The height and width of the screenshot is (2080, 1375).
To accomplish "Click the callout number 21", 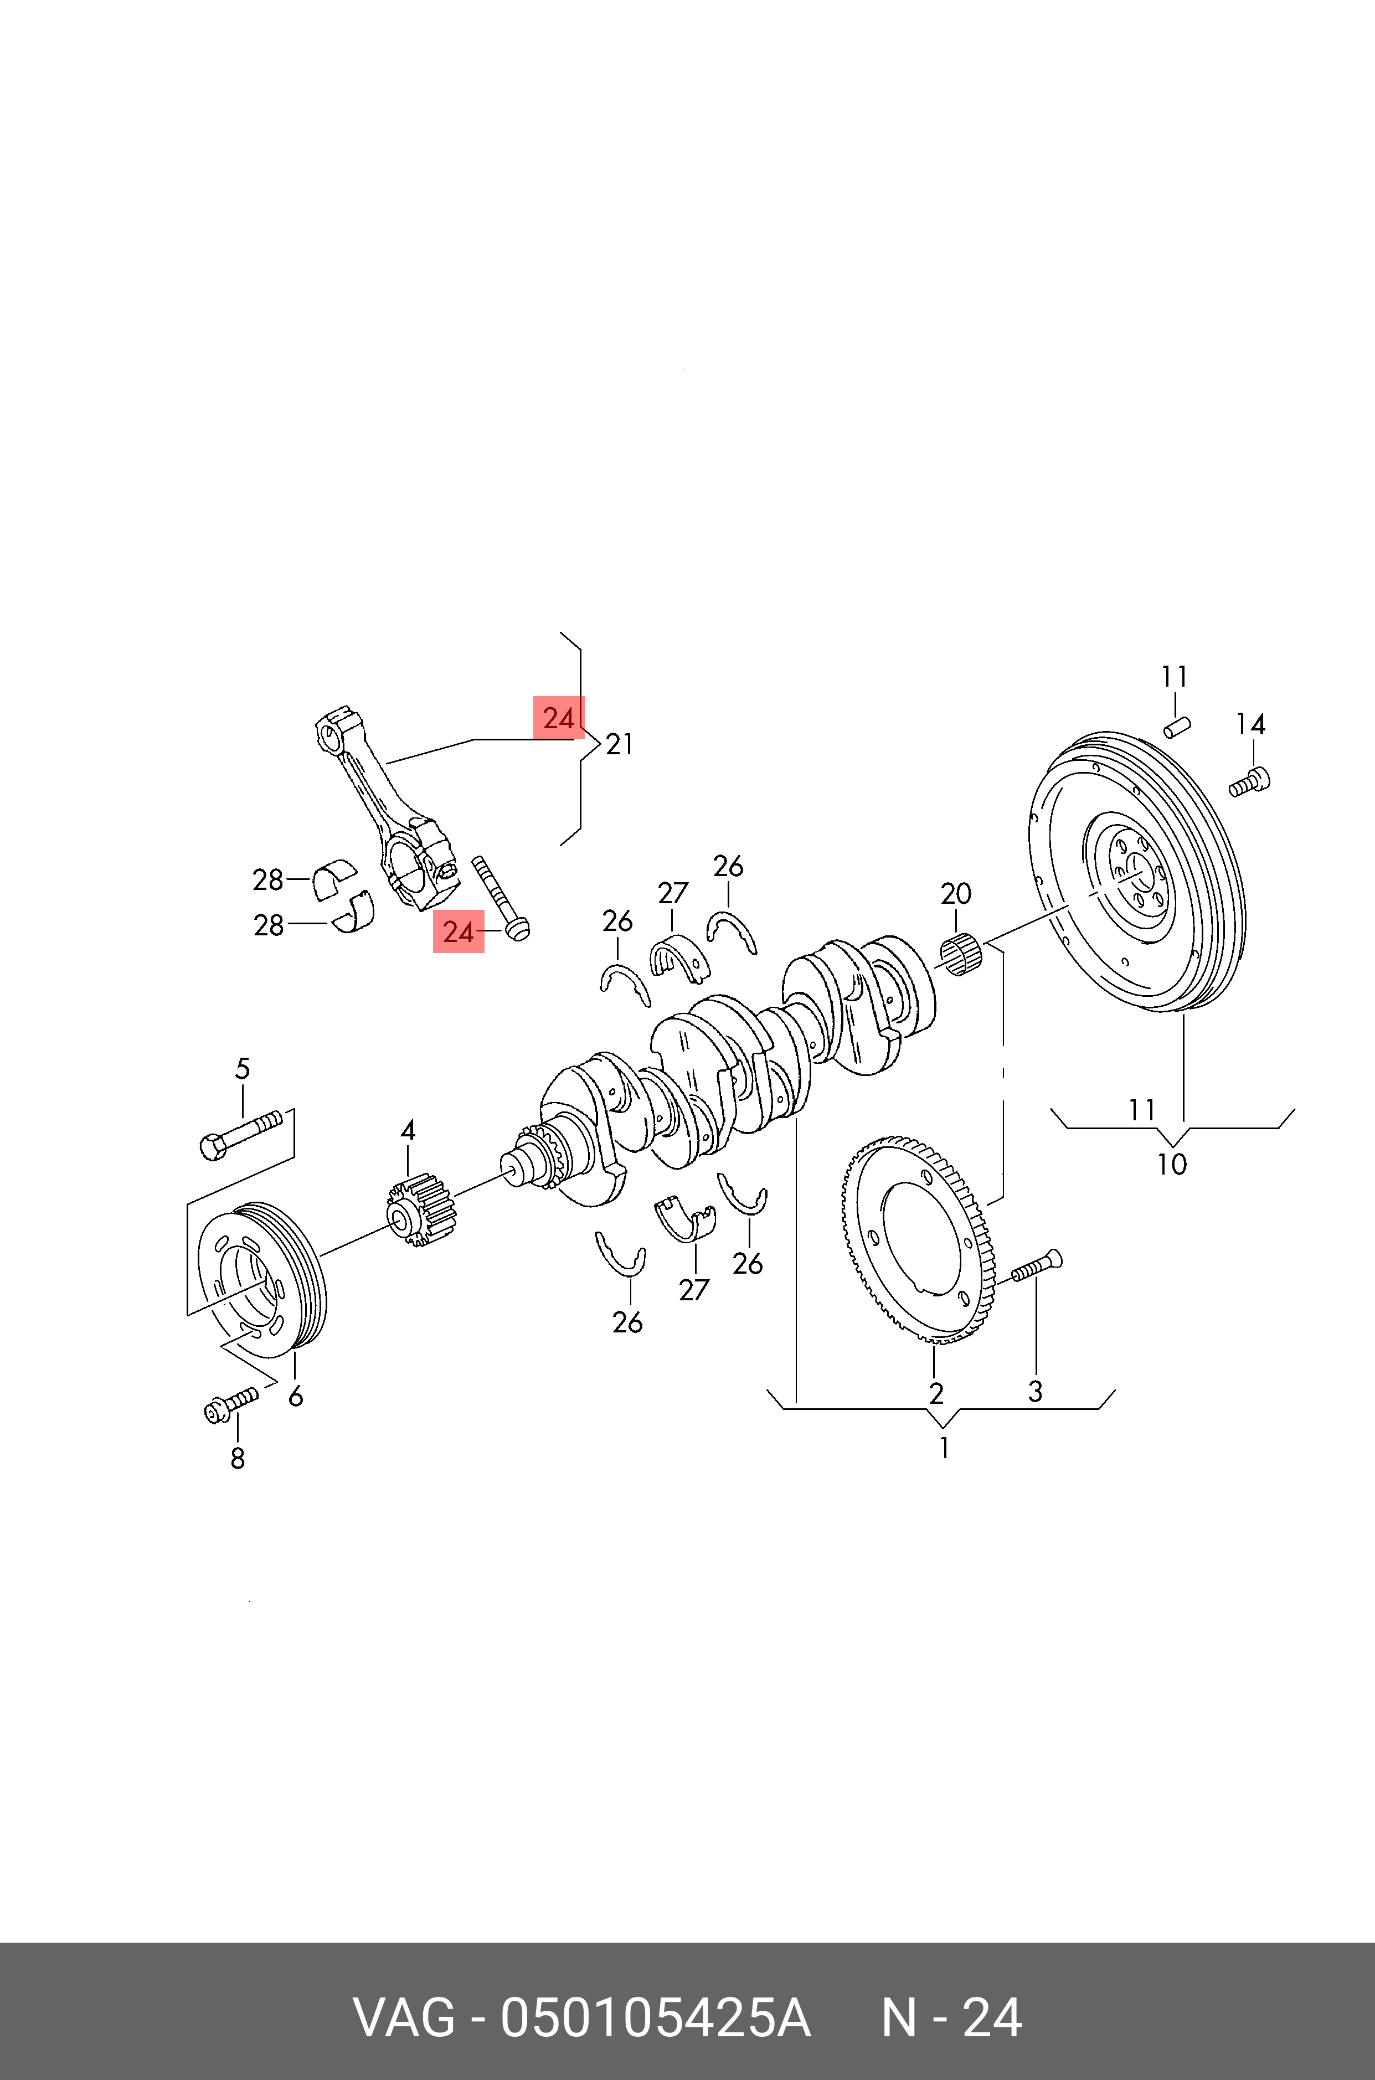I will coord(619,744).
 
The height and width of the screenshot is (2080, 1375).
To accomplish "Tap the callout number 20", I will coord(956,894).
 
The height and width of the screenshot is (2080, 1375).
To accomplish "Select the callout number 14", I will coord(1250,724).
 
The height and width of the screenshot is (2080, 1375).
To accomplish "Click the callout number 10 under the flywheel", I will coord(1172,1165).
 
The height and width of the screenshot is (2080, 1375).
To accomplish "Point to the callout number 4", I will coord(408,1131).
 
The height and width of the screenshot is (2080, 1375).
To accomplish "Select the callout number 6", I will coord(296,1396).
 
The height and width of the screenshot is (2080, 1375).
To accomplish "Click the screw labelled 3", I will coord(1037,1267).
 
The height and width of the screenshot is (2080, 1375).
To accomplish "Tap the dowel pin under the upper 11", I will coord(1176,727).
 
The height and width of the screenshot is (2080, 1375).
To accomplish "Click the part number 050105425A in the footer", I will coord(655,2018).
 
